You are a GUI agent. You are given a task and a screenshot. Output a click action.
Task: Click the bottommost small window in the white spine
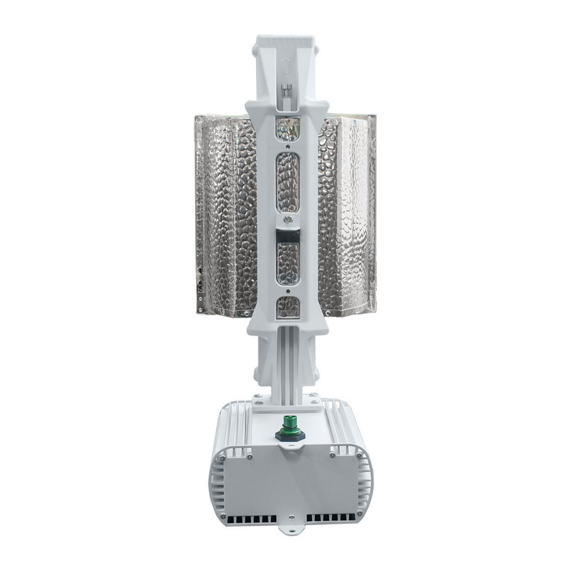point(288,307)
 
